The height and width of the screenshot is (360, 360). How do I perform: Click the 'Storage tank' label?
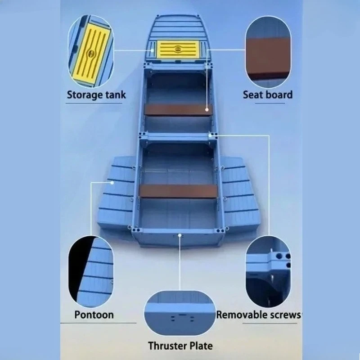(96, 95)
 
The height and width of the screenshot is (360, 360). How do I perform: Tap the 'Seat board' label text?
(268, 94)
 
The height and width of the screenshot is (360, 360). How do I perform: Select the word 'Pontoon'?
(94, 315)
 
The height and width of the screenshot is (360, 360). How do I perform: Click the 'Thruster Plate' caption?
(180, 346)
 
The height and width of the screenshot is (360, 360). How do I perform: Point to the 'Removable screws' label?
(259, 315)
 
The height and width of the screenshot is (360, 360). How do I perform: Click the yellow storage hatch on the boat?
(178, 49)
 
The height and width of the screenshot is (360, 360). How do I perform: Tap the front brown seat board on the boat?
(178, 110)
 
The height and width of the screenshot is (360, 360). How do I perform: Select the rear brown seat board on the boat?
(178, 191)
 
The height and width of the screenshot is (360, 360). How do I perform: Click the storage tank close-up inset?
(91, 51)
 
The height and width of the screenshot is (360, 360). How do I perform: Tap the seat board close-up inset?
(268, 52)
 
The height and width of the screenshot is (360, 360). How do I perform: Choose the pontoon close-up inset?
(91, 272)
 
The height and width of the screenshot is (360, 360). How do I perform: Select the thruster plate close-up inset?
(180, 313)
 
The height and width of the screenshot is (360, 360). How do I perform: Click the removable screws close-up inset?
(268, 272)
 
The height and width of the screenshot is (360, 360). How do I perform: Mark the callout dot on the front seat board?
(207, 110)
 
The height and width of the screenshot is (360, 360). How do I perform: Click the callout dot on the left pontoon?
(112, 183)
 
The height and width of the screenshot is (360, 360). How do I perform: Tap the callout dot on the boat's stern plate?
(180, 235)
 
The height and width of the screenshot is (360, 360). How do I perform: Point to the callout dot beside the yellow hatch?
(152, 50)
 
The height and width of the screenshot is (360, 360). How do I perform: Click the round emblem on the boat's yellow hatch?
(178, 49)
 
